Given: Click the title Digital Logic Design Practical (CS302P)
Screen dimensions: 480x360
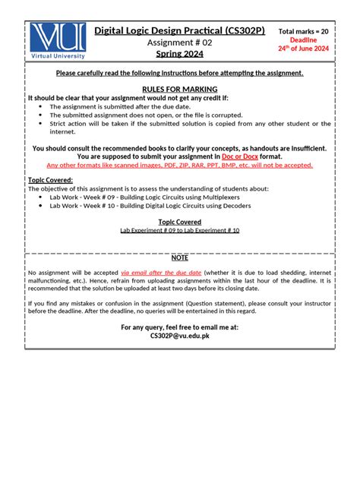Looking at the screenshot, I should [179, 30].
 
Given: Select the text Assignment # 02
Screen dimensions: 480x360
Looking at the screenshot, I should [179, 43].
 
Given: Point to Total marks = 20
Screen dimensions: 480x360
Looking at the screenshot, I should [304, 31].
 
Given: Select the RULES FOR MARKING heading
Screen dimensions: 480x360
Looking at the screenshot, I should [179, 89].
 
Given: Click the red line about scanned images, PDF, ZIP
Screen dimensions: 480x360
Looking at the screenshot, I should [179, 165].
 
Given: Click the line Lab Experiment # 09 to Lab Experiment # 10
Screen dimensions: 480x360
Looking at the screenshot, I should [179, 229].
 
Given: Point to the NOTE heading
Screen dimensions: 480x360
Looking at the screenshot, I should [179, 257].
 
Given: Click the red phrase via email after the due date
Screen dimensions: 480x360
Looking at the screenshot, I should [161, 272].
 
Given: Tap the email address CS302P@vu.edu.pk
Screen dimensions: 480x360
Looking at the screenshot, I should [179, 335].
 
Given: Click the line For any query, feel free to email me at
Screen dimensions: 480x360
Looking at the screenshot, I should [179, 327].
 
